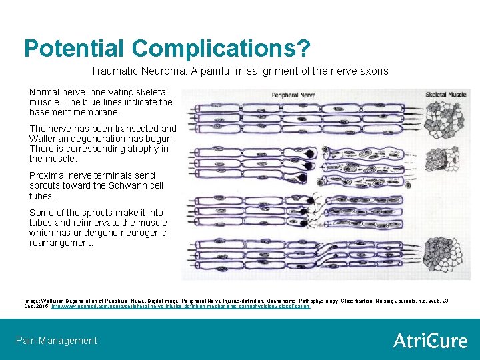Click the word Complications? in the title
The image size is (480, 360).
click(221, 48)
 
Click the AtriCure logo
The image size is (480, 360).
click(430, 341)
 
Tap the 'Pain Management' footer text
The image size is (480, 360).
click(57, 341)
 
